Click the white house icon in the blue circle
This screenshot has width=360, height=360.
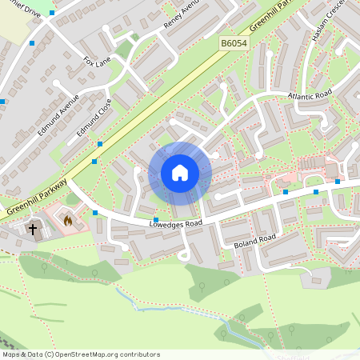pyautogui.click(x=180, y=173)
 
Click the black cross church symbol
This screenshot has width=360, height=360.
pyautogui.click(x=34, y=230)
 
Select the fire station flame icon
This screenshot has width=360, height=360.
pyautogui.click(x=68, y=220)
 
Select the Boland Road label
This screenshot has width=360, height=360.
pyautogui.click(x=255, y=238)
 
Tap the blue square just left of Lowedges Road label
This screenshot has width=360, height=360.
pyautogui.click(x=156, y=219)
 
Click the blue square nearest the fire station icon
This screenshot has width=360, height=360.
pyautogui.click(x=95, y=213)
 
